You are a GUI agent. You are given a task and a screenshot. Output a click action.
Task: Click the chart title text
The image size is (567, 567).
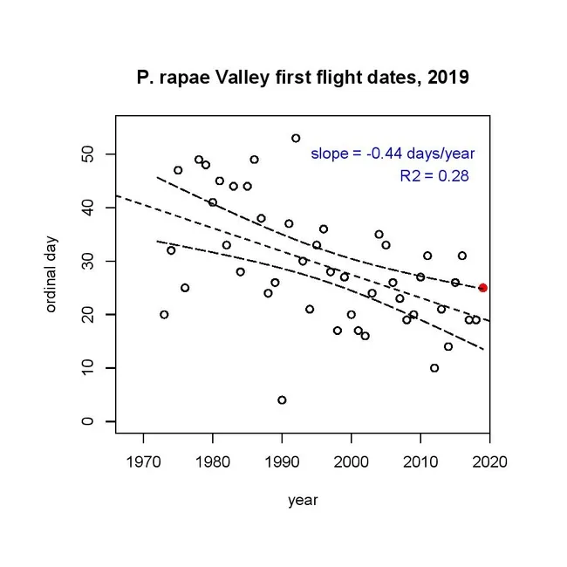(x=303, y=78)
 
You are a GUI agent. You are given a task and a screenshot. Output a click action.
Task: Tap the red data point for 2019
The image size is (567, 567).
(x=483, y=288)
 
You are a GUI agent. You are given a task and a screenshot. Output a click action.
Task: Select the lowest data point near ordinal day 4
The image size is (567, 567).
(x=282, y=400)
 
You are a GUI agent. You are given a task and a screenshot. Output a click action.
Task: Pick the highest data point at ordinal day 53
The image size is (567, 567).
(x=296, y=138)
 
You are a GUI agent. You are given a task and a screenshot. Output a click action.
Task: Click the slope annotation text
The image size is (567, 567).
(x=393, y=154)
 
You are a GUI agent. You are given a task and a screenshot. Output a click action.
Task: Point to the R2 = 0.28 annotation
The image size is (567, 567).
(x=434, y=176)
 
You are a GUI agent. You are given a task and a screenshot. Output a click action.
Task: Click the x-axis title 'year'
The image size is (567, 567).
(x=303, y=501)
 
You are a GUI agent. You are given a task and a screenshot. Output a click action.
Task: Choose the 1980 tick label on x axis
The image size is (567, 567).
(x=212, y=461)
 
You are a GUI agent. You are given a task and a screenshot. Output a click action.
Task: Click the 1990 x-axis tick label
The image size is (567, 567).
(x=282, y=461)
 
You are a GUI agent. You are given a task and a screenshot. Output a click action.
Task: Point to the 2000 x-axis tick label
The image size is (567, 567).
(x=351, y=461)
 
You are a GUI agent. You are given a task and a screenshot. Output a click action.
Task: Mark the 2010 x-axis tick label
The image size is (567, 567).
(x=420, y=461)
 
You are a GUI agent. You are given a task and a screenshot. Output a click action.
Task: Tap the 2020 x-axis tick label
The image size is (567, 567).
(x=489, y=461)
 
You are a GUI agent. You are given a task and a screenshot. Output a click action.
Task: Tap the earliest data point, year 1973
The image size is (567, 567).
(x=164, y=314)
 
